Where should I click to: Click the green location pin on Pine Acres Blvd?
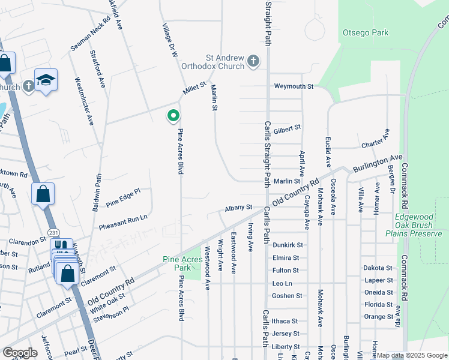pos(173,115)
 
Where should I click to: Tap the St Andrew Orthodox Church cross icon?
pos(253,61)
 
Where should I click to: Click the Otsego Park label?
pos(365,33)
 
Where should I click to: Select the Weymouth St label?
pos(294,86)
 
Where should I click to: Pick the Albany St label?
pos(238,208)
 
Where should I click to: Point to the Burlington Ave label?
pos(378,163)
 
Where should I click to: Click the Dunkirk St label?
pos(288,245)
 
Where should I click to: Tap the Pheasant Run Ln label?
pos(123,220)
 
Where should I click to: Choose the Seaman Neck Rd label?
pos(90,34)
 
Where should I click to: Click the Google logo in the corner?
pos(20,353)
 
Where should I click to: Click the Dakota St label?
pos(378,268)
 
